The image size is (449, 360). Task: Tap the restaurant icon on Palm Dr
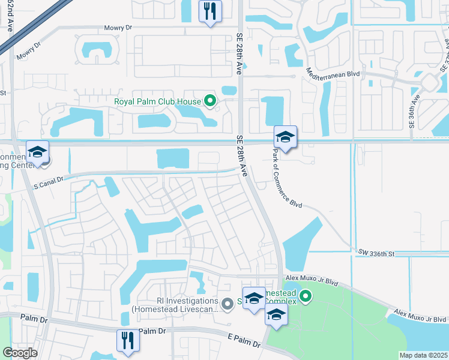pos(127,340)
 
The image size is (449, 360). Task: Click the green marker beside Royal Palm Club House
pos(209,101)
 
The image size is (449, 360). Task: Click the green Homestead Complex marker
pos(306,296)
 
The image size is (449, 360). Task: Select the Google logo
pos(20,352)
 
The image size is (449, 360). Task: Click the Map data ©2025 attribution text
pos(423,355)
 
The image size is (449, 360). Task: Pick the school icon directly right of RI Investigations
pos(254,298)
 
